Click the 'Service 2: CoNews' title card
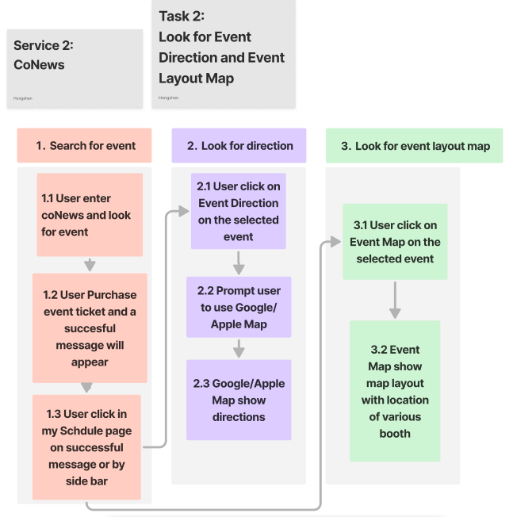point(75,68)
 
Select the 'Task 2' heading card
point(223,53)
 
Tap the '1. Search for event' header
point(85,146)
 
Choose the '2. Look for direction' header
point(239,146)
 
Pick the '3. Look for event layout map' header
point(414,146)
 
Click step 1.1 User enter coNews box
point(89,215)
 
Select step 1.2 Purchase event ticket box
point(90,328)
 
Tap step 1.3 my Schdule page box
point(86,447)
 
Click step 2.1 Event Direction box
point(238,211)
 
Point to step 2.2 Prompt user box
point(239,307)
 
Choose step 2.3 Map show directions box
point(239,400)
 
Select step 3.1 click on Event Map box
point(395,242)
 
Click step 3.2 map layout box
point(395,391)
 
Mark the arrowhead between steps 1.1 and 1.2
point(90,265)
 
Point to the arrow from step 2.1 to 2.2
point(239,262)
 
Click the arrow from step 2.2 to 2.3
point(239,349)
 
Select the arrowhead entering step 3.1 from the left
point(338,242)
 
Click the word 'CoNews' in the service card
point(39,64)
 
